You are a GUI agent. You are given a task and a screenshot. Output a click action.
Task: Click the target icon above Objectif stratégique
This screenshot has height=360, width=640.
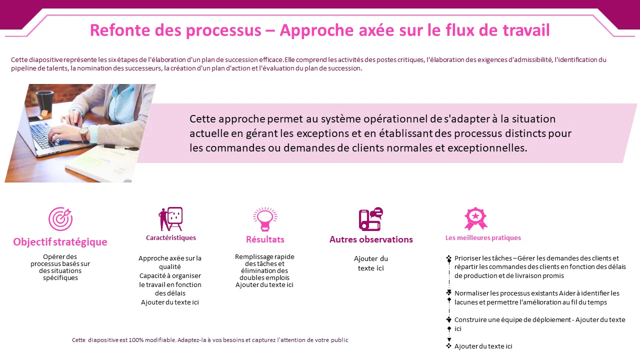click(x=60, y=219)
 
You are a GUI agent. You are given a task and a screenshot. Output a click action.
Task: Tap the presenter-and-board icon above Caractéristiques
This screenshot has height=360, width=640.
click(x=170, y=219)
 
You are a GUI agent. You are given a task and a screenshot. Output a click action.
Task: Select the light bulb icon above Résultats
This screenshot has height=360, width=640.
click(x=265, y=219)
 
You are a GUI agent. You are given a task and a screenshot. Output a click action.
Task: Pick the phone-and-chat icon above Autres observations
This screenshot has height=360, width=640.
click(x=371, y=219)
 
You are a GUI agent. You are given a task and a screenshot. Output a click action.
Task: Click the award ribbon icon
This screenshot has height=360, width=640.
click(x=475, y=219)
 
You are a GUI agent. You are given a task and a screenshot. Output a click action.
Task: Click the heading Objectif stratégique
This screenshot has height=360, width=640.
click(x=60, y=242)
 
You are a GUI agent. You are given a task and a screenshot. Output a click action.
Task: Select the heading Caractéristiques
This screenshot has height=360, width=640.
click(x=171, y=237)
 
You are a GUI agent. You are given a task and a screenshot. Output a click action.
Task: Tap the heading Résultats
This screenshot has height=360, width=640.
click(x=265, y=239)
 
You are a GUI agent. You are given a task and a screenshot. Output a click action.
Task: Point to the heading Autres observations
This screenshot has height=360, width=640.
click(x=371, y=239)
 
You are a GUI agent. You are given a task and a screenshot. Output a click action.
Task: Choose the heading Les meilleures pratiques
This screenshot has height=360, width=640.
click(x=483, y=237)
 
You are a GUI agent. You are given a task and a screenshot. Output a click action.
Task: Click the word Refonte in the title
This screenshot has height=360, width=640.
click(x=120, y=30)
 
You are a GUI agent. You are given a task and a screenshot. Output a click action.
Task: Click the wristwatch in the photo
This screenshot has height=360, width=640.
click(x=84, y=132)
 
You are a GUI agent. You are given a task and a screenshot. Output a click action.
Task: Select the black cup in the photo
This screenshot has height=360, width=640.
click(x=45, y=102)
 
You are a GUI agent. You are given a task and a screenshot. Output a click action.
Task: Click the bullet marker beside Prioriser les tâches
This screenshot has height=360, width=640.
click(x=449, y=258)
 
